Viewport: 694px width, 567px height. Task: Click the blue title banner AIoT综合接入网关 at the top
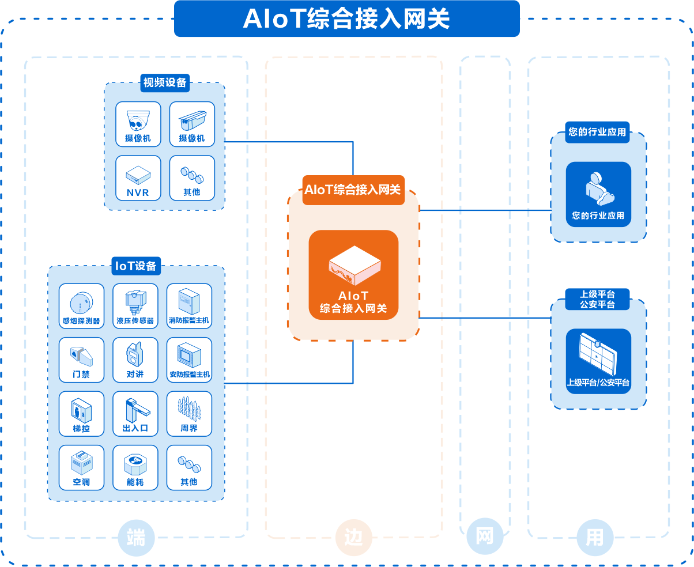(x=346, y=18)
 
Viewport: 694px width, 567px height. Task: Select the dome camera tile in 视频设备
(x=138, y=124)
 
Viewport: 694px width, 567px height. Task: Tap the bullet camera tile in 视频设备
(x=192, y=124)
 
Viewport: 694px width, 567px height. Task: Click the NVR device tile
(x=138, y=177)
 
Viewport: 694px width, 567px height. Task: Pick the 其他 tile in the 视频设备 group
(x=192, y=177)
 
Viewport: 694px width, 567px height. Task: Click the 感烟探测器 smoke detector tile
(x=81, y=306)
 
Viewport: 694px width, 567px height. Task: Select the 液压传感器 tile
(x=135, y=306)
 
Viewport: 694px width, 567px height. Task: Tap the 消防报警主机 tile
(x=189, y=306)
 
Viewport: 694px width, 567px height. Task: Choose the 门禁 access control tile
(x=81, y=360)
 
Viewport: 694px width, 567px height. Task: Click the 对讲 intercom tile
(x=135, y=360)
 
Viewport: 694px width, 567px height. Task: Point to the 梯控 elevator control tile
(x=81, y=414)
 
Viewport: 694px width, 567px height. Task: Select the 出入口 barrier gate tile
(x=135, y=414)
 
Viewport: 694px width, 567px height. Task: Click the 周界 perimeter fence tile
(x=189, y=414)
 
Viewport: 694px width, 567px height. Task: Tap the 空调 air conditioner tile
(x=81, y=467)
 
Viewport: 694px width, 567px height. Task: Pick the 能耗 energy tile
(x=135, y=467)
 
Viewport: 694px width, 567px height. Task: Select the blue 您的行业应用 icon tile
(x=598, y=194)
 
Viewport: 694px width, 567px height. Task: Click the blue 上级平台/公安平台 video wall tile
(x=598, y=361)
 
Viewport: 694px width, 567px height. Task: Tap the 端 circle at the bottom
(x=136, y=538)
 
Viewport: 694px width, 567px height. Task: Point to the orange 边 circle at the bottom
(x=353, y=538)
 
